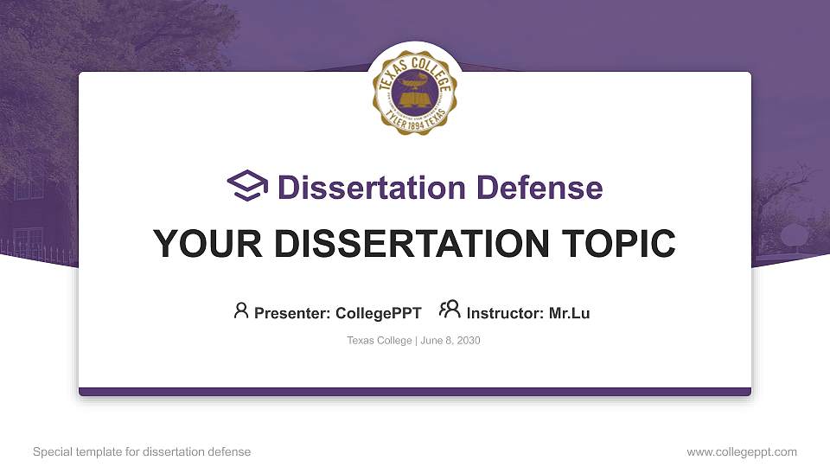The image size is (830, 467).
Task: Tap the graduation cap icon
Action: coord(248,187)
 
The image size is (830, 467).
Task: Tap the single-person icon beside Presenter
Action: coord(241,310)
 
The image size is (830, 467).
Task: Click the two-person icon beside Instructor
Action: coord(450,310)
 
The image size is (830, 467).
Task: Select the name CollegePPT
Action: coord(378,313)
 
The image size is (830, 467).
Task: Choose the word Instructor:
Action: coord(506,313)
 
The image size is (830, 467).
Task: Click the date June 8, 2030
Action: coord(450,341)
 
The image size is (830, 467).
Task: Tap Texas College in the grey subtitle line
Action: coord(379,341)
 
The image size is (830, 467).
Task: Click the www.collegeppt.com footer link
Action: coord(741,451)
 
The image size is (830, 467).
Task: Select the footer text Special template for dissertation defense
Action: coord(142,451)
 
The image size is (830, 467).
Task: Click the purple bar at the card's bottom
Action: coord(414,392)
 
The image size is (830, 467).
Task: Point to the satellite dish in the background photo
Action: coord(792,235)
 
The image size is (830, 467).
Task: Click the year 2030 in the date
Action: coord(468,341)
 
